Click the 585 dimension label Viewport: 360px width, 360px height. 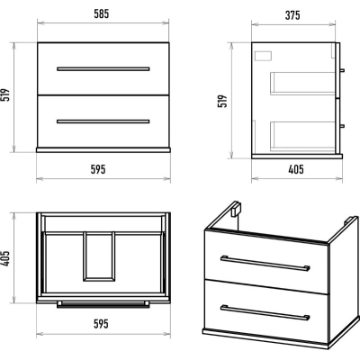[x=102, y=13]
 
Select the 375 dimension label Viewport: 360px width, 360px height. [x=292, y=15]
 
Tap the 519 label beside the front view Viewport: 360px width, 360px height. [x=6, y=95]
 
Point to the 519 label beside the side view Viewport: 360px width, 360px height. [x=222, y=101]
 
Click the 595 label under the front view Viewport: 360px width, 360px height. [x=98, y=169]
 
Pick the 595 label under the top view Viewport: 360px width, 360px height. [x=101, y=324]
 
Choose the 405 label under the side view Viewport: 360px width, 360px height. [x=296, y=169]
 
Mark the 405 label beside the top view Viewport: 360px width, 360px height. [x=6, y=258]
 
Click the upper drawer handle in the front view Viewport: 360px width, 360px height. [x=103, y=69]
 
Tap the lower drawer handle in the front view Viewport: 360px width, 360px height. [x=103, y=121]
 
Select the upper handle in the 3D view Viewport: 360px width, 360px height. [x=265, y=264]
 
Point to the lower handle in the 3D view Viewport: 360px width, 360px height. [x=265, y=313]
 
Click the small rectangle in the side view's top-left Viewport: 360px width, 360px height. [x=263, y=56]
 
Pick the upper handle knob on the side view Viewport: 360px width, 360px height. [x=342, y=71]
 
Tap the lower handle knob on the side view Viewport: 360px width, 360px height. [x=342, y=126]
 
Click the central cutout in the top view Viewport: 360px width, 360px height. [x=99, y=256]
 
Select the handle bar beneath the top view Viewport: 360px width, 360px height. [x=103, y=304]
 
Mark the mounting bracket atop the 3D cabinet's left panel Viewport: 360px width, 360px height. [x=238, y=208]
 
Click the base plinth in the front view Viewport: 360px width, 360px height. [x=103, y=149]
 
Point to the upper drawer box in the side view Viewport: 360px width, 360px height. [x=302, y=84]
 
